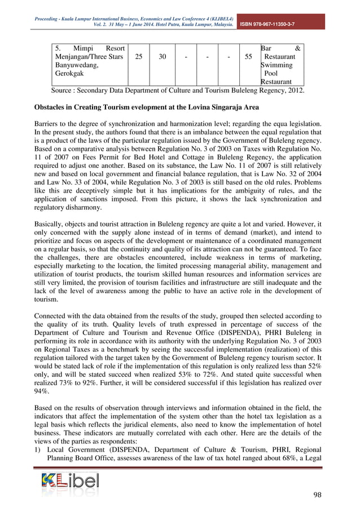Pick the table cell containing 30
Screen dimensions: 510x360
coord(162,56)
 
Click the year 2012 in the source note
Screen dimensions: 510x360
coord(295,89)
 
